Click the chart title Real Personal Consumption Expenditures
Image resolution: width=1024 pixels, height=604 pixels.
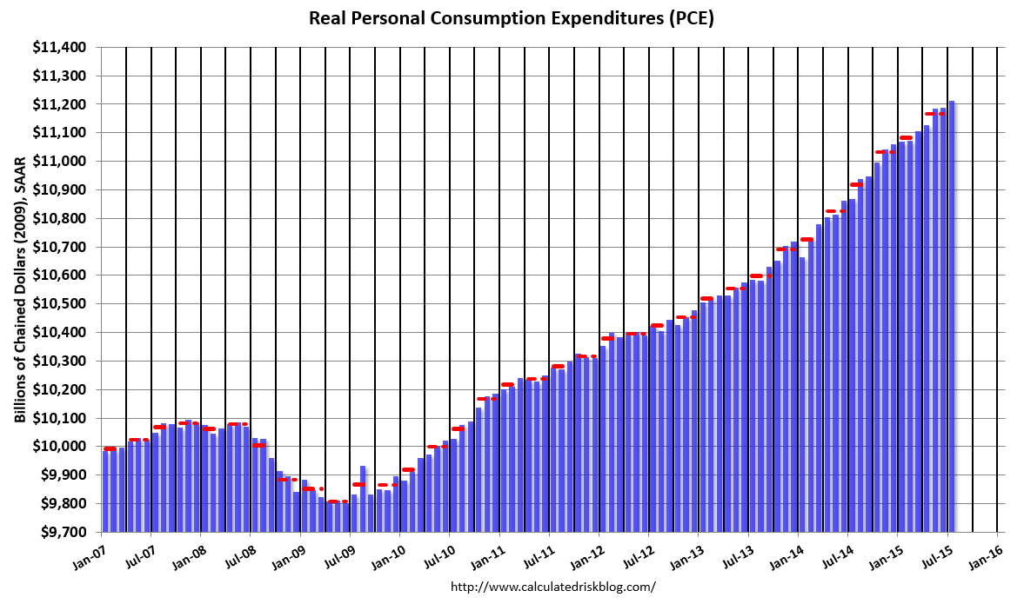[x=512, y=18]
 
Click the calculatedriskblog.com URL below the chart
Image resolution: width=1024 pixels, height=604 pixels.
[x=552, y=587]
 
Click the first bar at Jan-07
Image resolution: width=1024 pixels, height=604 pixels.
[x=105, y=491]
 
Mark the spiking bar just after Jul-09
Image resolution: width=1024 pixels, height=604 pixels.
[x=363, y=499]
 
